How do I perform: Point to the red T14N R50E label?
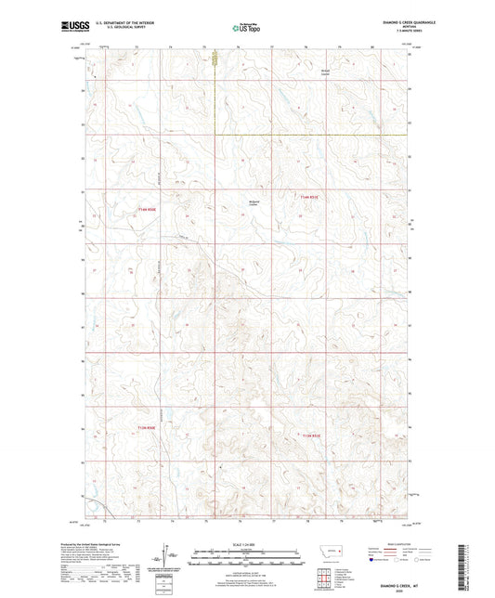146,209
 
